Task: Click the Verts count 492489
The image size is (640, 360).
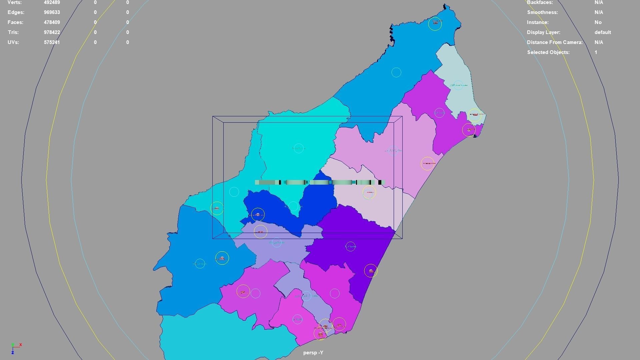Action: coord(52,2)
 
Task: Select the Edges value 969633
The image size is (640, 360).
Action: coord(52,12)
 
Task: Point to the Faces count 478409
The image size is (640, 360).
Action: coord(52,22)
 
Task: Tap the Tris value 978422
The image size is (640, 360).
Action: coord(52,32)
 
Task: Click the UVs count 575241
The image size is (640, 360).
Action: coord(52,42)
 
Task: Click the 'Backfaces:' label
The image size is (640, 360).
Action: coord(540,2)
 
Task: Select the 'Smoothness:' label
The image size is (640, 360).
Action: coord(542,12)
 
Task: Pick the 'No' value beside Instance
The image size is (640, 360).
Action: coord(598,22)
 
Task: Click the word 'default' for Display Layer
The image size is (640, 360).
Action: coord(603,32)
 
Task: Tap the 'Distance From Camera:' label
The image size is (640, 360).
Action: coord(555,42)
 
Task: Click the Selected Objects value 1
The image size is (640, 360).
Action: coord(596,52)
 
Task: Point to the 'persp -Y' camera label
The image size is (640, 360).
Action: coord(313,353)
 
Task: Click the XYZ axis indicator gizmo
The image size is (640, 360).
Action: coord(15,348)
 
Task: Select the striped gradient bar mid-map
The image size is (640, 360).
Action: coord(320,182)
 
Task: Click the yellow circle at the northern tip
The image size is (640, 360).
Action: coord(435,23)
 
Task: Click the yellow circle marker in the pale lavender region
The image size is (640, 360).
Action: coord(369,192)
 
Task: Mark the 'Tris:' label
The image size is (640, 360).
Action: coord(13,32)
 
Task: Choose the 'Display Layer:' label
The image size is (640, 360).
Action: coord(543,32)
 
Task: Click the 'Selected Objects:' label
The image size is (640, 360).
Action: coord(548,52)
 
